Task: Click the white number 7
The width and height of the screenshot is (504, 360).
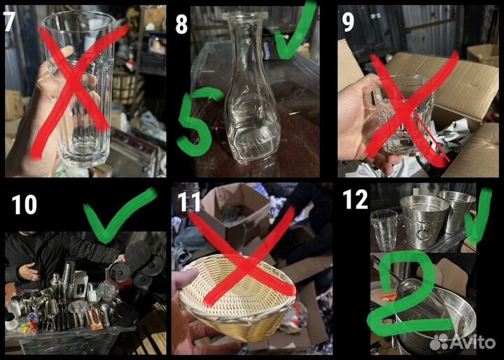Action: click(9, 22)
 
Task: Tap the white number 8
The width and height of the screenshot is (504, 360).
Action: click(181, 25)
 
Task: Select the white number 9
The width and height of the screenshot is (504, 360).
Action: click(348, 22)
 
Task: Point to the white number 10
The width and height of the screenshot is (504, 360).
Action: click(24, 205)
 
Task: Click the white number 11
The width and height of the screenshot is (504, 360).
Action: click(189, 202)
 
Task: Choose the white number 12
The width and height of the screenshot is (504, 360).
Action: click(355, 199)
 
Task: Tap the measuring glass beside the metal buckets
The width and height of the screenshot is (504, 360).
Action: click(384, 230)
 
